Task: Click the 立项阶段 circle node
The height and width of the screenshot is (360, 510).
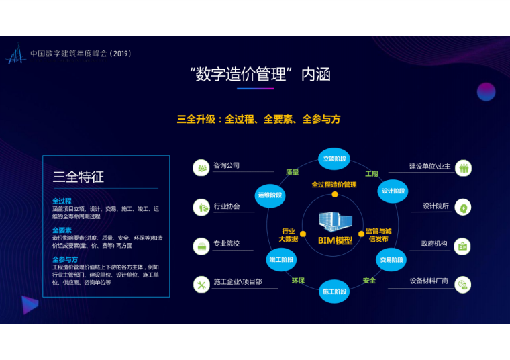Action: pyautogui.click(x=334, y=159)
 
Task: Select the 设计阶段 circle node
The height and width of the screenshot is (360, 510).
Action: pyautogui.click(x=393, y=191)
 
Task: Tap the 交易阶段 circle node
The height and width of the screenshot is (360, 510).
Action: pyautogui.click(x=391, y=259)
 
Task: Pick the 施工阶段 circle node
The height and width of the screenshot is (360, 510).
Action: pyautogui.click(x=334, y=292)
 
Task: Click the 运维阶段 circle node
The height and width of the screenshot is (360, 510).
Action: pyautogui.click(x=270, y=195)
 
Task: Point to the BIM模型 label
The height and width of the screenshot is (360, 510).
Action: pyautogui.click(x=335, y=240)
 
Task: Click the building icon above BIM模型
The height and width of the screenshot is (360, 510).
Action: pyautogui.click(x=334, y=222)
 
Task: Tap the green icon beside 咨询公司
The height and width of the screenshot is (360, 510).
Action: pyautogui.click(x=201, y=168)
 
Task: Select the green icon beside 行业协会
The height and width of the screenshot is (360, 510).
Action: pyautogui.click(x=201, y=208)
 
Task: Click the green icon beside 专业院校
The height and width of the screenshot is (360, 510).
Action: pyautogui.click(x=201, y=246)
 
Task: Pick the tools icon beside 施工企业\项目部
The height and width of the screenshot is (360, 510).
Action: pyautogui.click(x=201, y=285)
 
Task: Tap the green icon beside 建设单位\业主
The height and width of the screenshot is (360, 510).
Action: pyautogui.click(x=463, y=168)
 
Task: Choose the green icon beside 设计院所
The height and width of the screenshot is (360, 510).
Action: pyautogui.click(x=463, y=208)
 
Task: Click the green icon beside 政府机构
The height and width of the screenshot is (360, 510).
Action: pyautogui.click(x=463, y=246)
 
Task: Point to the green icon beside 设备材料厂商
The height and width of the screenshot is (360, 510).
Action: pyautogui.click(x=463, y=285)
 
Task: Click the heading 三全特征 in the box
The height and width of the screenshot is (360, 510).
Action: pyautogui.click(x=79, y=177)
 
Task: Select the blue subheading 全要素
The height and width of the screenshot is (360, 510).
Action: pyautogui.click(x=62, y=230)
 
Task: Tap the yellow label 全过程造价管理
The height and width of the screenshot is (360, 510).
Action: pyautogui.click(x=334, y=185)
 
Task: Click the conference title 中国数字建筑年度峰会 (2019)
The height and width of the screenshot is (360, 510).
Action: pyautogui.click(x=81, y=53)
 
